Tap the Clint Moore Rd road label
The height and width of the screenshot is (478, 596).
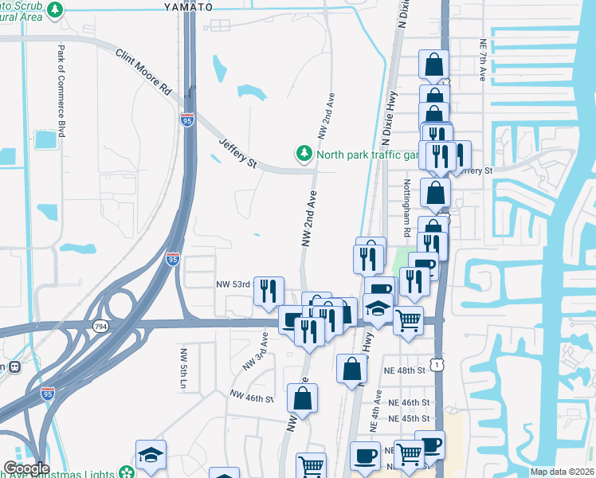143,72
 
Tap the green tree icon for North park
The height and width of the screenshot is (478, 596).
303,153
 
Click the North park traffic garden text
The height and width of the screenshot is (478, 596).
367,155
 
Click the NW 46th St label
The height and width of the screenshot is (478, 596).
252,396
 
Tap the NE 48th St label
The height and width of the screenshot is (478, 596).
409,371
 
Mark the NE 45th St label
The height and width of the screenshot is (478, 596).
409,418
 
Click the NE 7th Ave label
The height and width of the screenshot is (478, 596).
482,60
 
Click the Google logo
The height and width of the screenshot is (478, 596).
25,468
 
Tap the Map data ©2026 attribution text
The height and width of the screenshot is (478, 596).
562,472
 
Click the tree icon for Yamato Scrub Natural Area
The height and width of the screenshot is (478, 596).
55,10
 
